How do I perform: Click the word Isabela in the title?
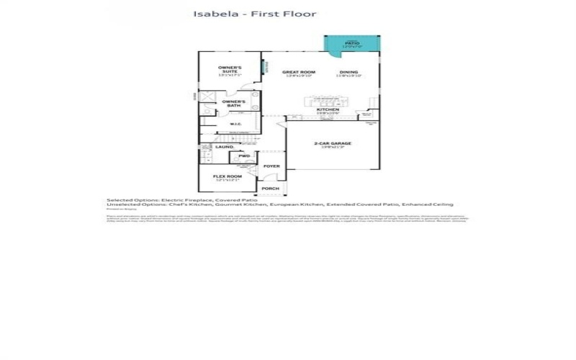pyautogui.click(x=210, y=14)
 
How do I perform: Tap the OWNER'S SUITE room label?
pyautogui.click(x=230, y=70)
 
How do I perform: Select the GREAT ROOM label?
pyautogui.click(x=299, y=73)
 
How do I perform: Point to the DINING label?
pyautogui.click(x=348, y=73)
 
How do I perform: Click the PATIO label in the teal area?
pyautogui.click(x=351, y=43)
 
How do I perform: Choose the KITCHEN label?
pyautogui.click(x=318, y=110)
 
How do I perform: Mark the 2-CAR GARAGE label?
pyautogui.click(x=333, y=144)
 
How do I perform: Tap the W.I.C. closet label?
pyautogui.click(x=235, y=123)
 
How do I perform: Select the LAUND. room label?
pyautogui.click(x=225, y=147)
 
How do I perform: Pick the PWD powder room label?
pyautogui.click(x=244, y=156)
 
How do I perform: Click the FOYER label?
pyautogui.click(x=271, y=166)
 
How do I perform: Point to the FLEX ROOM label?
pyautogui.click(x=225, y=176)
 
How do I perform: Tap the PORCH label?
pyautogui.click(x=270, y=189)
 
